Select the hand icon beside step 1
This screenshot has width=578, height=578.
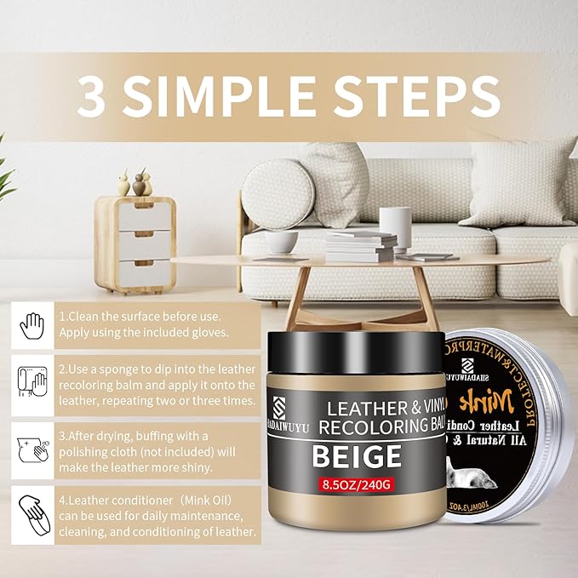[x=32, y=326]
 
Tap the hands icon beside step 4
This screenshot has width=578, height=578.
[x=32, y=512]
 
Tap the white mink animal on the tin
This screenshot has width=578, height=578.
[x=494, y=484]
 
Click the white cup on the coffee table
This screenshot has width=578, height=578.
[x=281, y=240]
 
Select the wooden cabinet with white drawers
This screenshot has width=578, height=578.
[x=135, y=243]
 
